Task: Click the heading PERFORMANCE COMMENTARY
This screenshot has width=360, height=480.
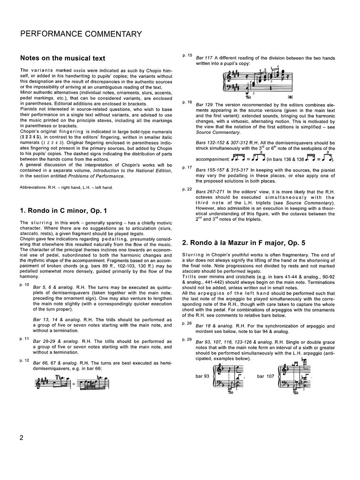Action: click(81, 34)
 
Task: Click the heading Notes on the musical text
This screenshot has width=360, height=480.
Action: click(62, 58)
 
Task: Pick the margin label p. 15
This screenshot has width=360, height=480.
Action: click(187, 55)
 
